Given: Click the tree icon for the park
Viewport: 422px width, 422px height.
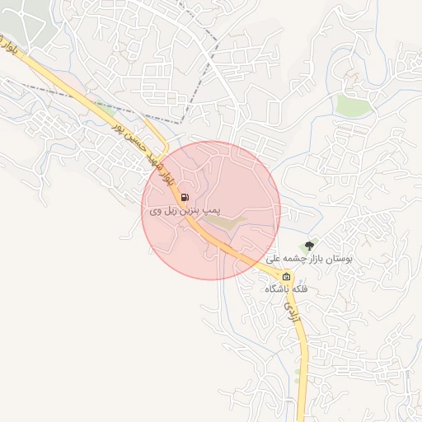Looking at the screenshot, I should tap(310, 245).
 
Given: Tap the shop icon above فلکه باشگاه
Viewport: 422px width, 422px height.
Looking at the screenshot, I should tap(287, 276).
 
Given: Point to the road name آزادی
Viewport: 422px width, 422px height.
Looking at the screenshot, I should tap(289, 310).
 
